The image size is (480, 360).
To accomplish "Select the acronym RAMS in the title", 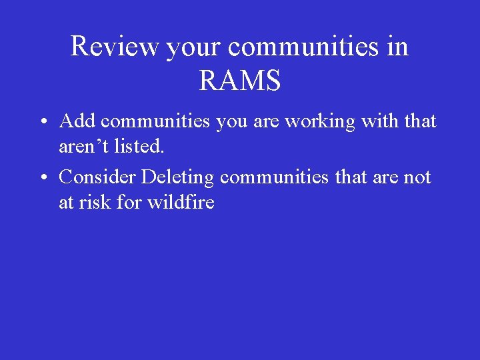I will pos(240,81).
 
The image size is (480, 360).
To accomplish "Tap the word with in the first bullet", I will pos(371,121).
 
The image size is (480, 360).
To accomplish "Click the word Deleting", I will pos(178,177).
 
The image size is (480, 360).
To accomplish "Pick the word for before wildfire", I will pos(128,202).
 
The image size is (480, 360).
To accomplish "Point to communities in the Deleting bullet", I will pos(275,177).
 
